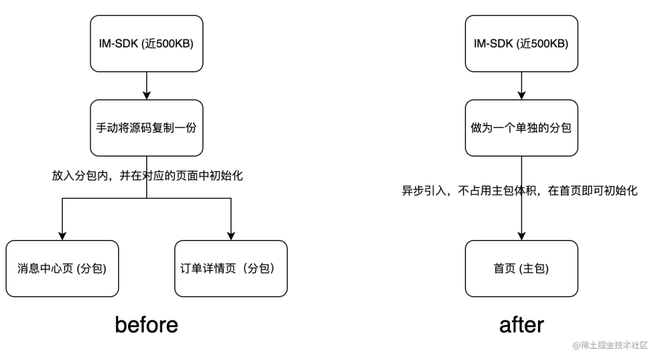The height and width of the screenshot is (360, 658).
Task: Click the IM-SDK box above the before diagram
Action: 146,44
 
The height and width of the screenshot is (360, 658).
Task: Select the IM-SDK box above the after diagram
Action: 521,44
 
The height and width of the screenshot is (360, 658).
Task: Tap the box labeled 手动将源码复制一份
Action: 146,128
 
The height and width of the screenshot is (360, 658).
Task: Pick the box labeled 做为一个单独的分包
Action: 521,128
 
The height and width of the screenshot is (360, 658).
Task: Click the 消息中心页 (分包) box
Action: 62,269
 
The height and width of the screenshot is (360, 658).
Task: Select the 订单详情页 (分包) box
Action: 231,269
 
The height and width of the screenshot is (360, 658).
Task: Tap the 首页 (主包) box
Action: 521,269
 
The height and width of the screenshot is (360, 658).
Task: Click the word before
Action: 146,325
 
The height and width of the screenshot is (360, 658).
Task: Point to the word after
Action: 521,325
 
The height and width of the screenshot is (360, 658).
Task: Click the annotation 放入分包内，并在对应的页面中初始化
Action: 147,175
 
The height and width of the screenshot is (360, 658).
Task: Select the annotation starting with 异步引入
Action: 520,191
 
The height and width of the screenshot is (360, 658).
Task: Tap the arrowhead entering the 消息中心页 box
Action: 62,236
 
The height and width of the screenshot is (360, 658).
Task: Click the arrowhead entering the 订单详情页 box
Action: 231,236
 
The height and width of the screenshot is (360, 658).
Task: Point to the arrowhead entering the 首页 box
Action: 521,236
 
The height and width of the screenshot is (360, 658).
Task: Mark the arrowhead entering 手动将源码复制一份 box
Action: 146,95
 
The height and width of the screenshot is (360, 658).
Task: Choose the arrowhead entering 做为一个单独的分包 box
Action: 521,95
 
